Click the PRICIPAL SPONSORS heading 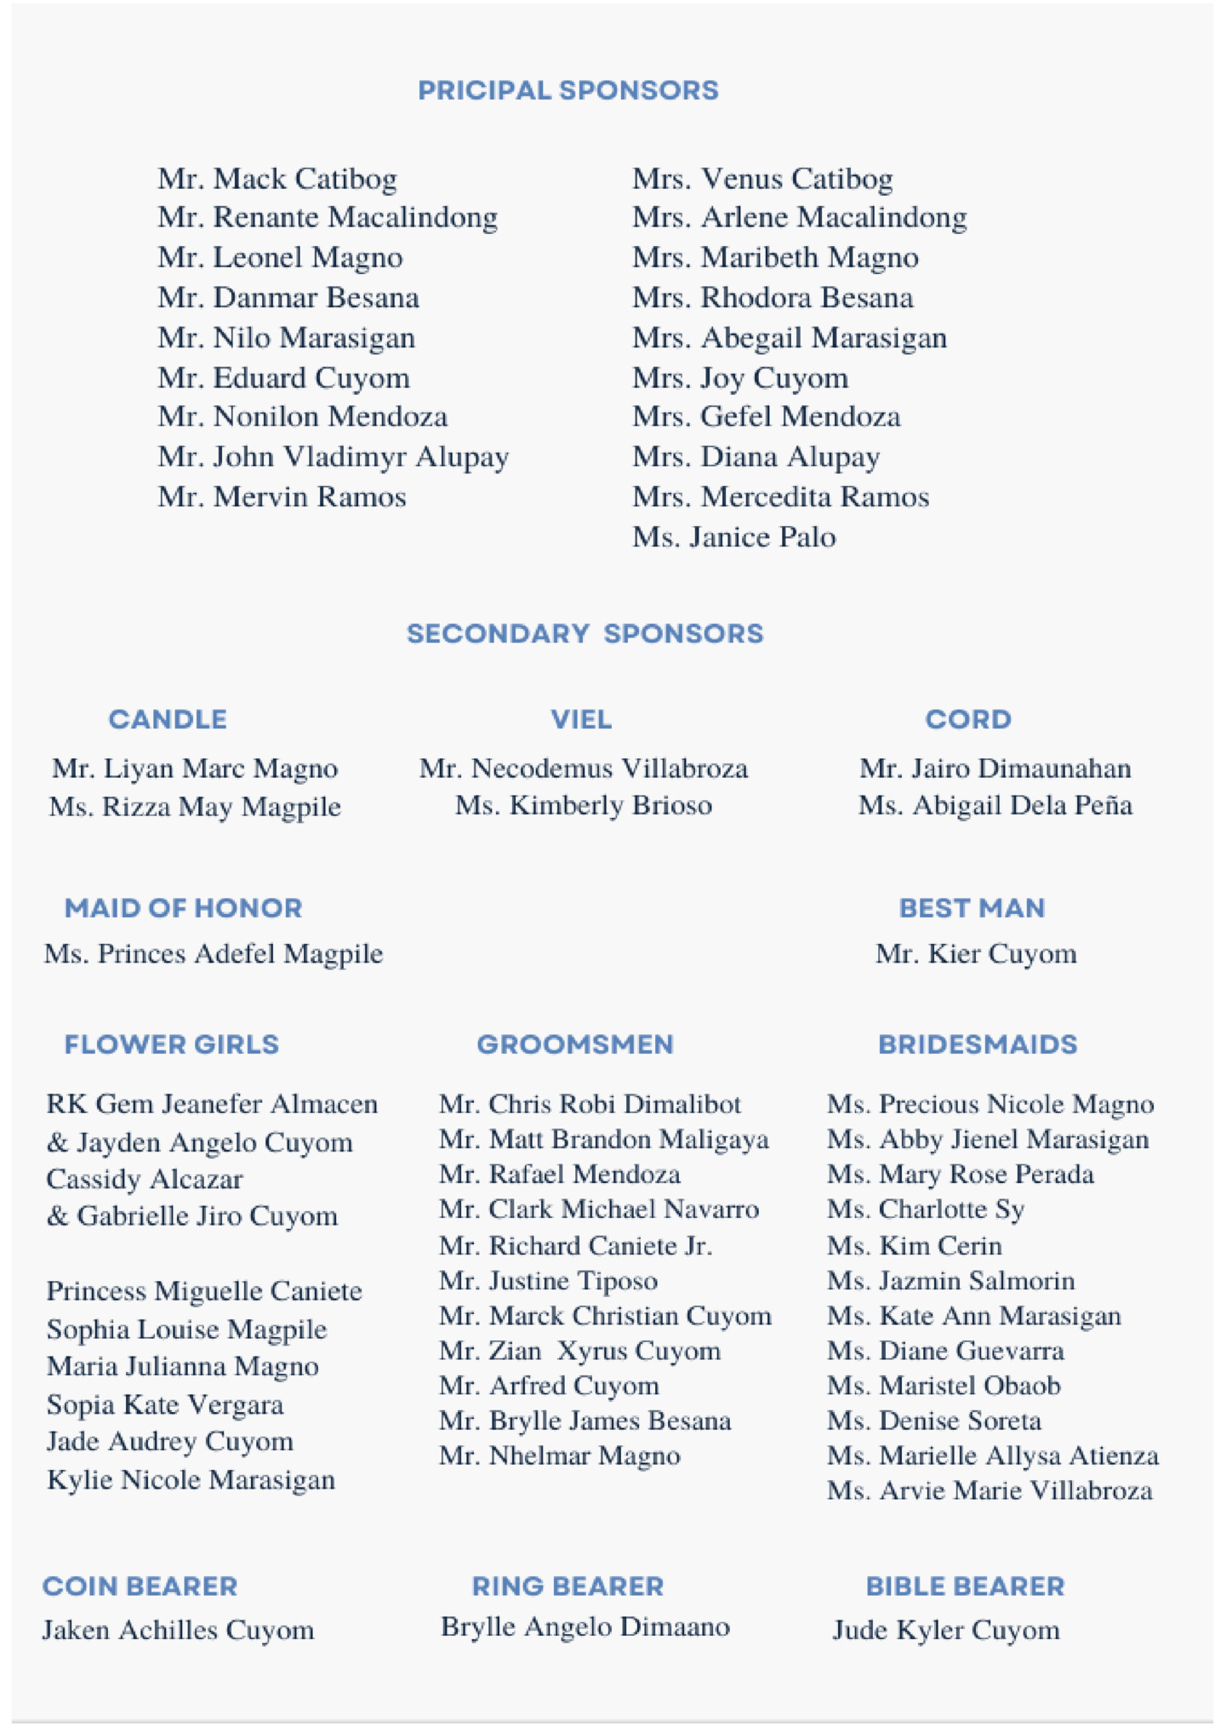(x=568, y=90)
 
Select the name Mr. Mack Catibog (x=277, y=179)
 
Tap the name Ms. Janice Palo (x=733, y=537)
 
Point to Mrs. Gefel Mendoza (x=766, y=416)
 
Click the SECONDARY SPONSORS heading (x=585, y=633)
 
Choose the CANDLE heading (x=168, y=719)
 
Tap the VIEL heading (x=581, y=719)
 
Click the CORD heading (x=968, y=719)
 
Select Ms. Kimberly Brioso (x=584, y=805)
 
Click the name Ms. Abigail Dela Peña (x=995, y=805)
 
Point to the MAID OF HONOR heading (x=184, y=908)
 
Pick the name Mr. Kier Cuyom (x=976, y=953)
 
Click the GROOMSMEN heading (x=575, y=1044)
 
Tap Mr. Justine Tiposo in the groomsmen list (x=548, y=1281)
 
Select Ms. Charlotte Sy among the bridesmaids (x=926, y=1209)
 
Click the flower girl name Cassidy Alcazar (x=145, y=1180)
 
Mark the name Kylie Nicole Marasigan (x=191, y=1480)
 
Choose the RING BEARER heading (x=568, y=1586)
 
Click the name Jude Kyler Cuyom (x=946, y=1630)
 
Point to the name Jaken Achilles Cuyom (x=179, y=1630)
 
